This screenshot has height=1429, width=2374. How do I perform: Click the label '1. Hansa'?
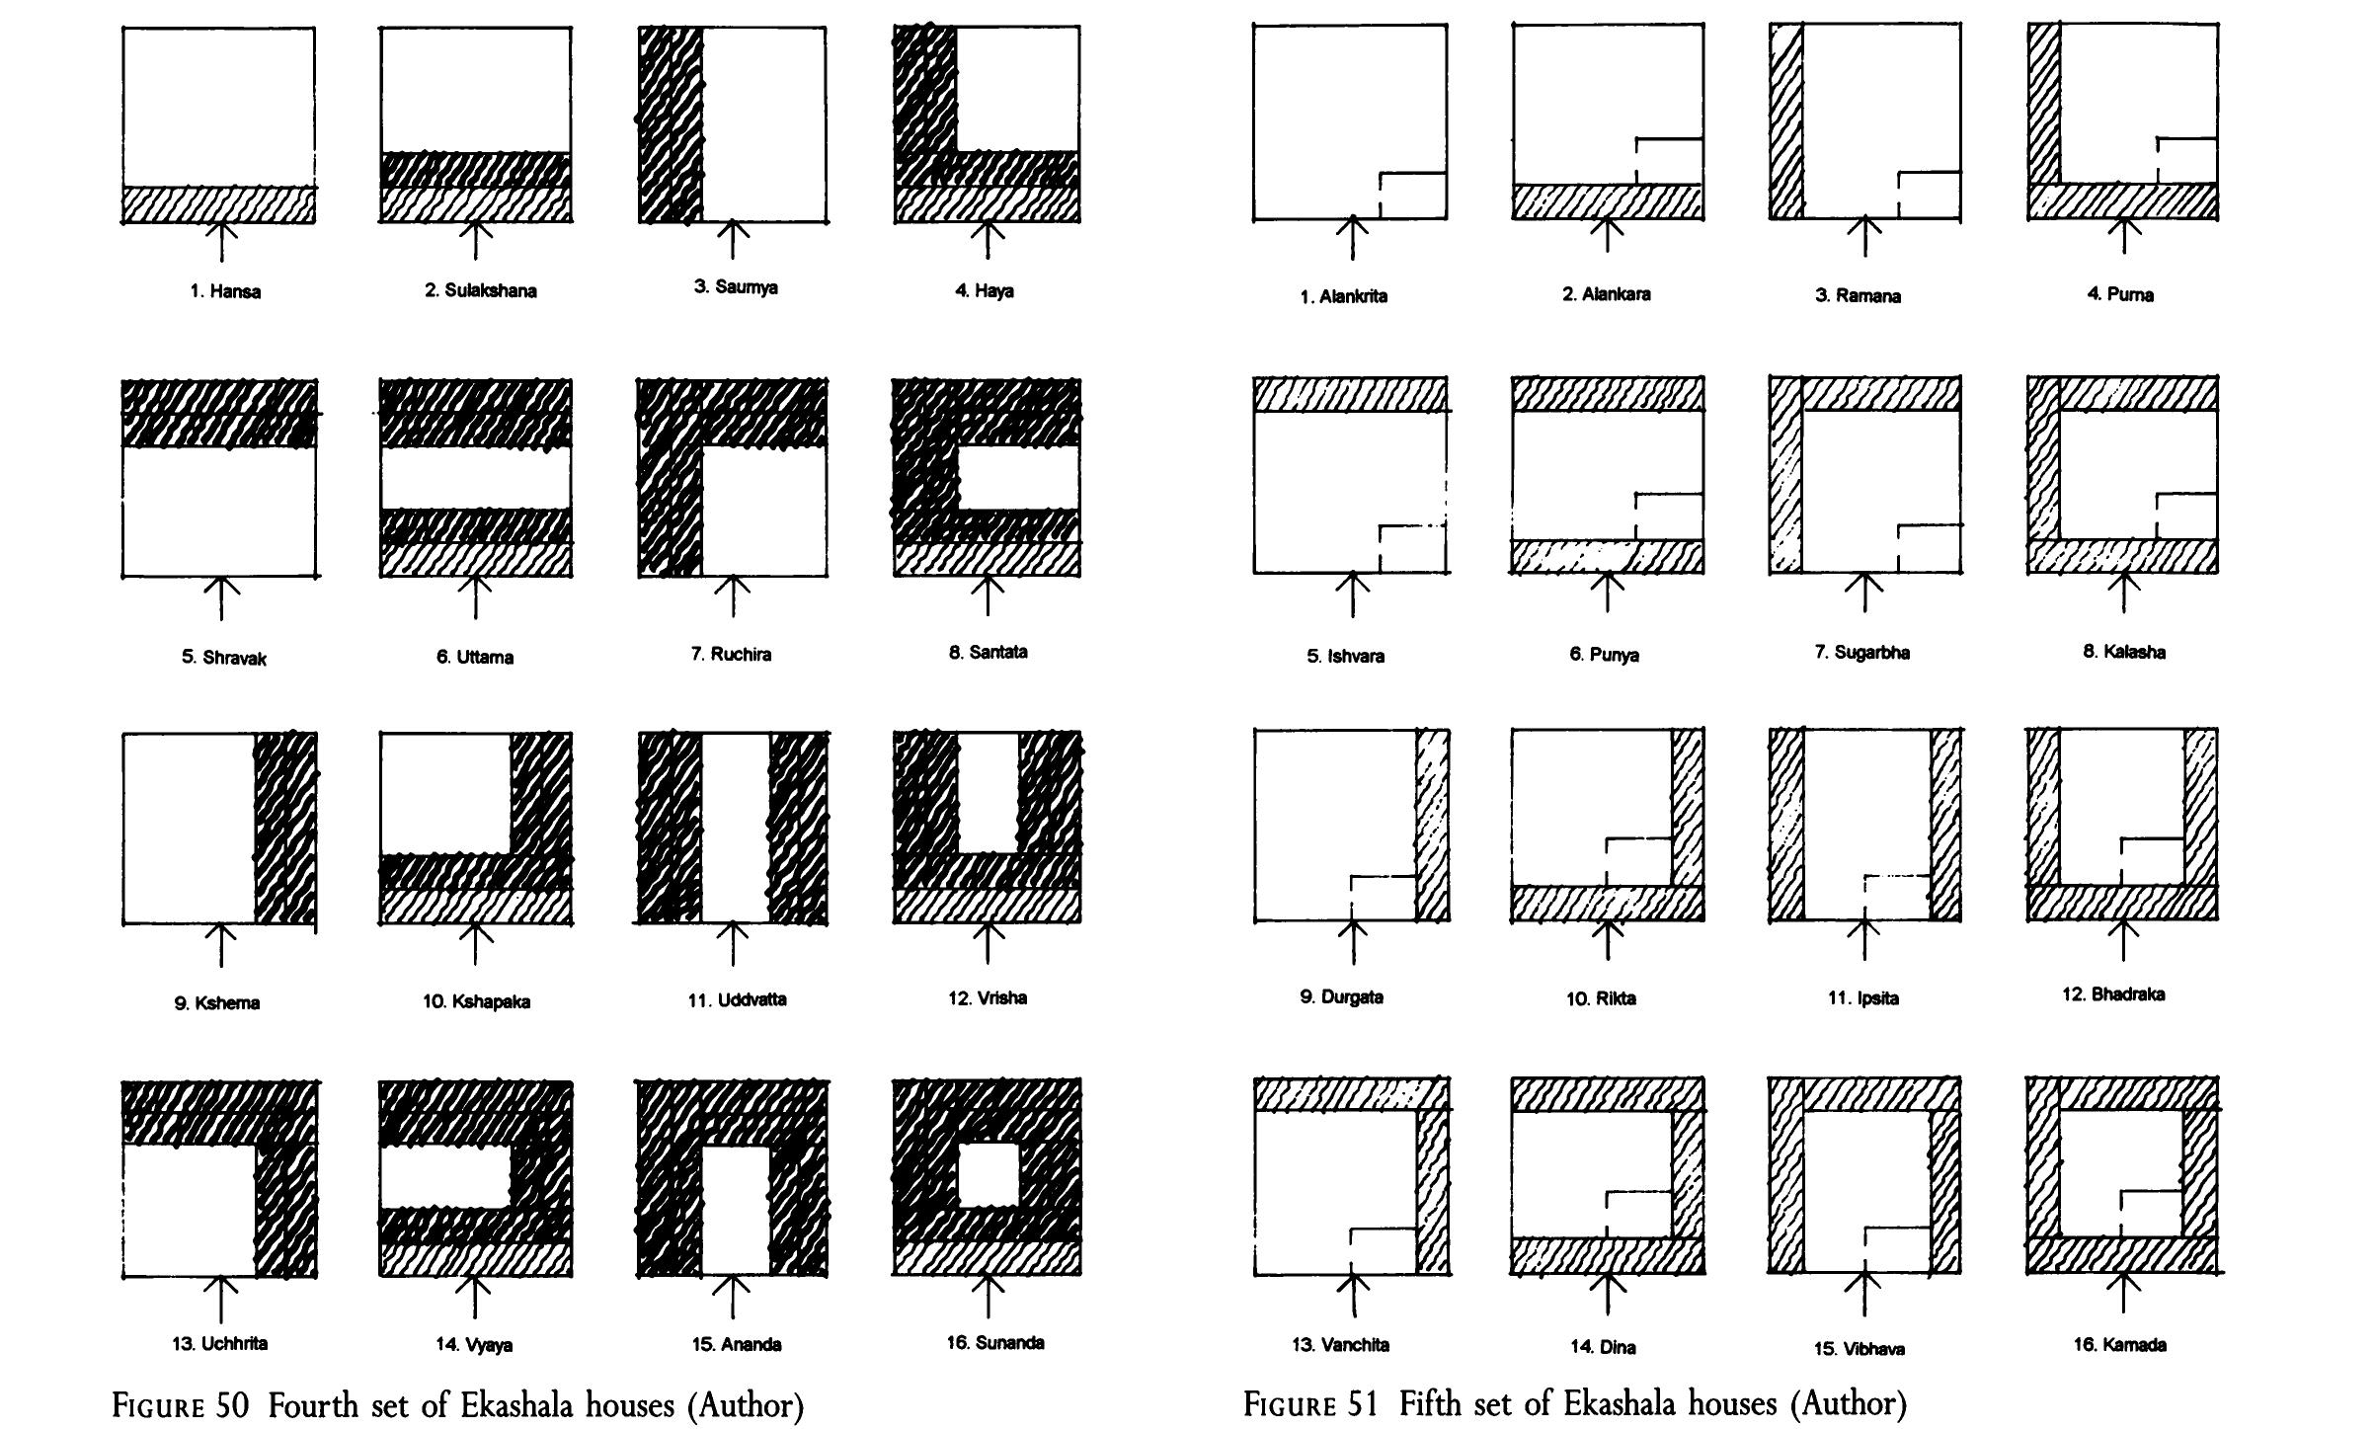coord(225,292)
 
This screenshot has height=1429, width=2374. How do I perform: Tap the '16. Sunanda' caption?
coord(994,1343)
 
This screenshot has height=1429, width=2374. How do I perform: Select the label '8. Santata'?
coord(988,652)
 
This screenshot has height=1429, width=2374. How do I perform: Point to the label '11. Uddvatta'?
coord(737,999)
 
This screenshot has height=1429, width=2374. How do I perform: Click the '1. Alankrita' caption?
coord(1343,296)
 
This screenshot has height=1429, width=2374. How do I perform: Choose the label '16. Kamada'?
coord(2119,1345)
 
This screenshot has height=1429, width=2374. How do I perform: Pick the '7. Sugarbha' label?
coord(1861,653)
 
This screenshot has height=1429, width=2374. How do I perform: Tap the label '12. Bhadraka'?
coord(2113,994)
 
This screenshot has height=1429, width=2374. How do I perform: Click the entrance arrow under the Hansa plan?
coord(223,241)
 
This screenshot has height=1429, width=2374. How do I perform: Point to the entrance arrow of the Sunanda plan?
coord(988,1296)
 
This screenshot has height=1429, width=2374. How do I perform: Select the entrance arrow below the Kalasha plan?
coord(2123,593)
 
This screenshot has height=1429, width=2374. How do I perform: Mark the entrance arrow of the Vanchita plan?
coord(1353,1296)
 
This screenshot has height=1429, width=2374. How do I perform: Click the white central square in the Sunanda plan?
coord(988,1174)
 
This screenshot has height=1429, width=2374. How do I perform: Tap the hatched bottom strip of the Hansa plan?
coord(219,204)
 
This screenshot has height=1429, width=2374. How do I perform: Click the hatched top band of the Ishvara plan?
coord(1351,393)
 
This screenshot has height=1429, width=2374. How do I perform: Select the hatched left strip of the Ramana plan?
coord(1786,120)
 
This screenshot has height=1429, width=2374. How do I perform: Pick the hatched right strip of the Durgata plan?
coord(1433,825)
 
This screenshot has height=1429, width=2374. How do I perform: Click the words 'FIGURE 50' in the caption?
coord(182,1405)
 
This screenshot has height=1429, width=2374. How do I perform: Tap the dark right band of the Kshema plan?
coord(286,829)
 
